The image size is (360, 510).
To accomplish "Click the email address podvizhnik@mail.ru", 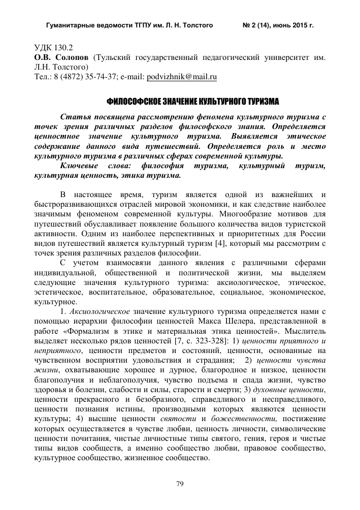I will pyautogui.click(x=181, y=77).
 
